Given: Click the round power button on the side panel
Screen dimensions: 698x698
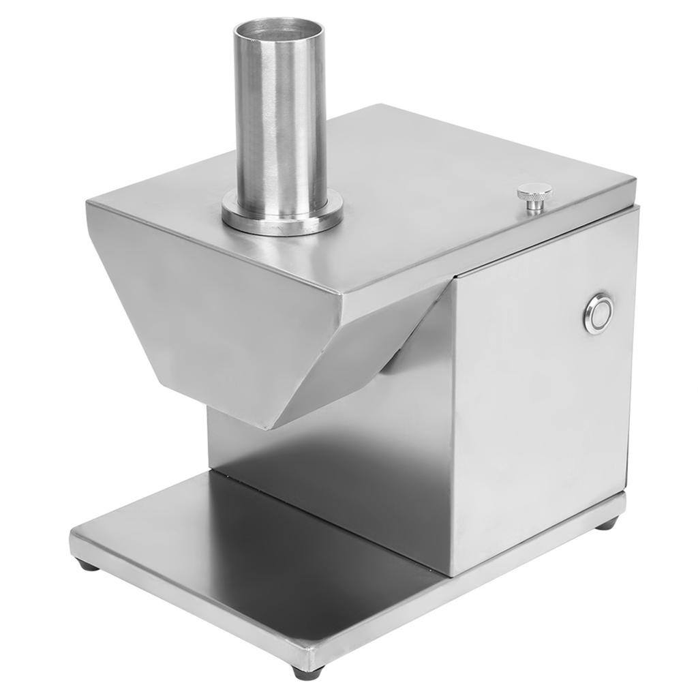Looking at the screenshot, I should (598, 314).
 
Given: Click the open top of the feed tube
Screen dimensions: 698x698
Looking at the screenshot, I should (279, 31).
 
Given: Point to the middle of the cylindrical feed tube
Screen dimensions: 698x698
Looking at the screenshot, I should (280, 116).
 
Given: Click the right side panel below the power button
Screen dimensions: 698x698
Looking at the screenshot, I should (545, 423).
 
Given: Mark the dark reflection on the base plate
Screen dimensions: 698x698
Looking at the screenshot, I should (307, 538).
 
